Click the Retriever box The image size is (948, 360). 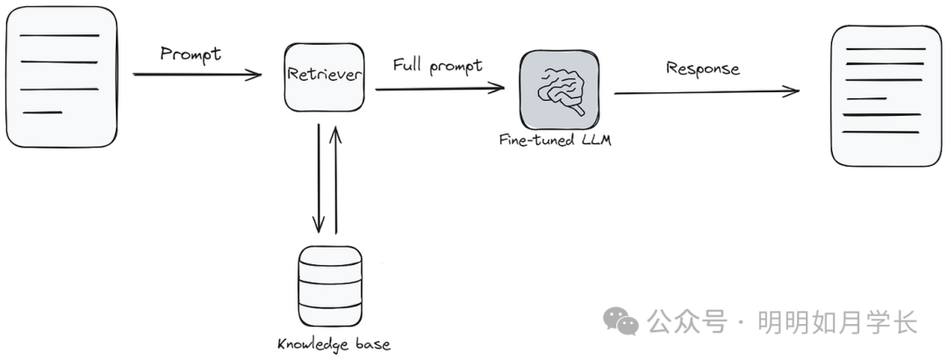pos(325,77)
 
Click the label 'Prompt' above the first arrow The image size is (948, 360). pos(190,54)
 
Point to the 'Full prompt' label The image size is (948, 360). pos(438,65)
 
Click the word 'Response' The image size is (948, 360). pos(702,68)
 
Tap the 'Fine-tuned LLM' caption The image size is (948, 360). pos(555,139)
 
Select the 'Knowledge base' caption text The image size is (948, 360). pos(334,344)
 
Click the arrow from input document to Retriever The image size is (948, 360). pos(197,75)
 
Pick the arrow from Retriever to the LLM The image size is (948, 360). pos(440,89)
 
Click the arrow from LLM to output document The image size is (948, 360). pos(707,92)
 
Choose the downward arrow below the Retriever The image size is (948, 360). pos(319,178)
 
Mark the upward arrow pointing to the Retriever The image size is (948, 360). pos(335,180)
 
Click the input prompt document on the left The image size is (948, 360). pos(61,77)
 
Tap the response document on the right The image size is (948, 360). pos(886,96)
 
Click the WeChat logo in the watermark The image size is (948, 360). pos(621,320)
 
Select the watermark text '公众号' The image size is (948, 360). pos(686,321)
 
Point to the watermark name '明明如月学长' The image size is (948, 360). pos(838,321)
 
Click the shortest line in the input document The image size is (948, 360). pos(42,112)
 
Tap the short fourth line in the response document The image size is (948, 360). pos(866,98)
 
